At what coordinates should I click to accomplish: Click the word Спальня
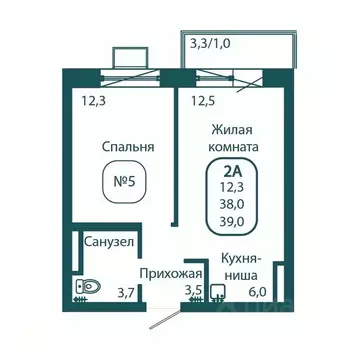[x=129, y=147]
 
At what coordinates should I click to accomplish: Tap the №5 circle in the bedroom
[x=129, y=186]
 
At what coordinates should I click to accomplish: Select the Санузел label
[x=108, y=241]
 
